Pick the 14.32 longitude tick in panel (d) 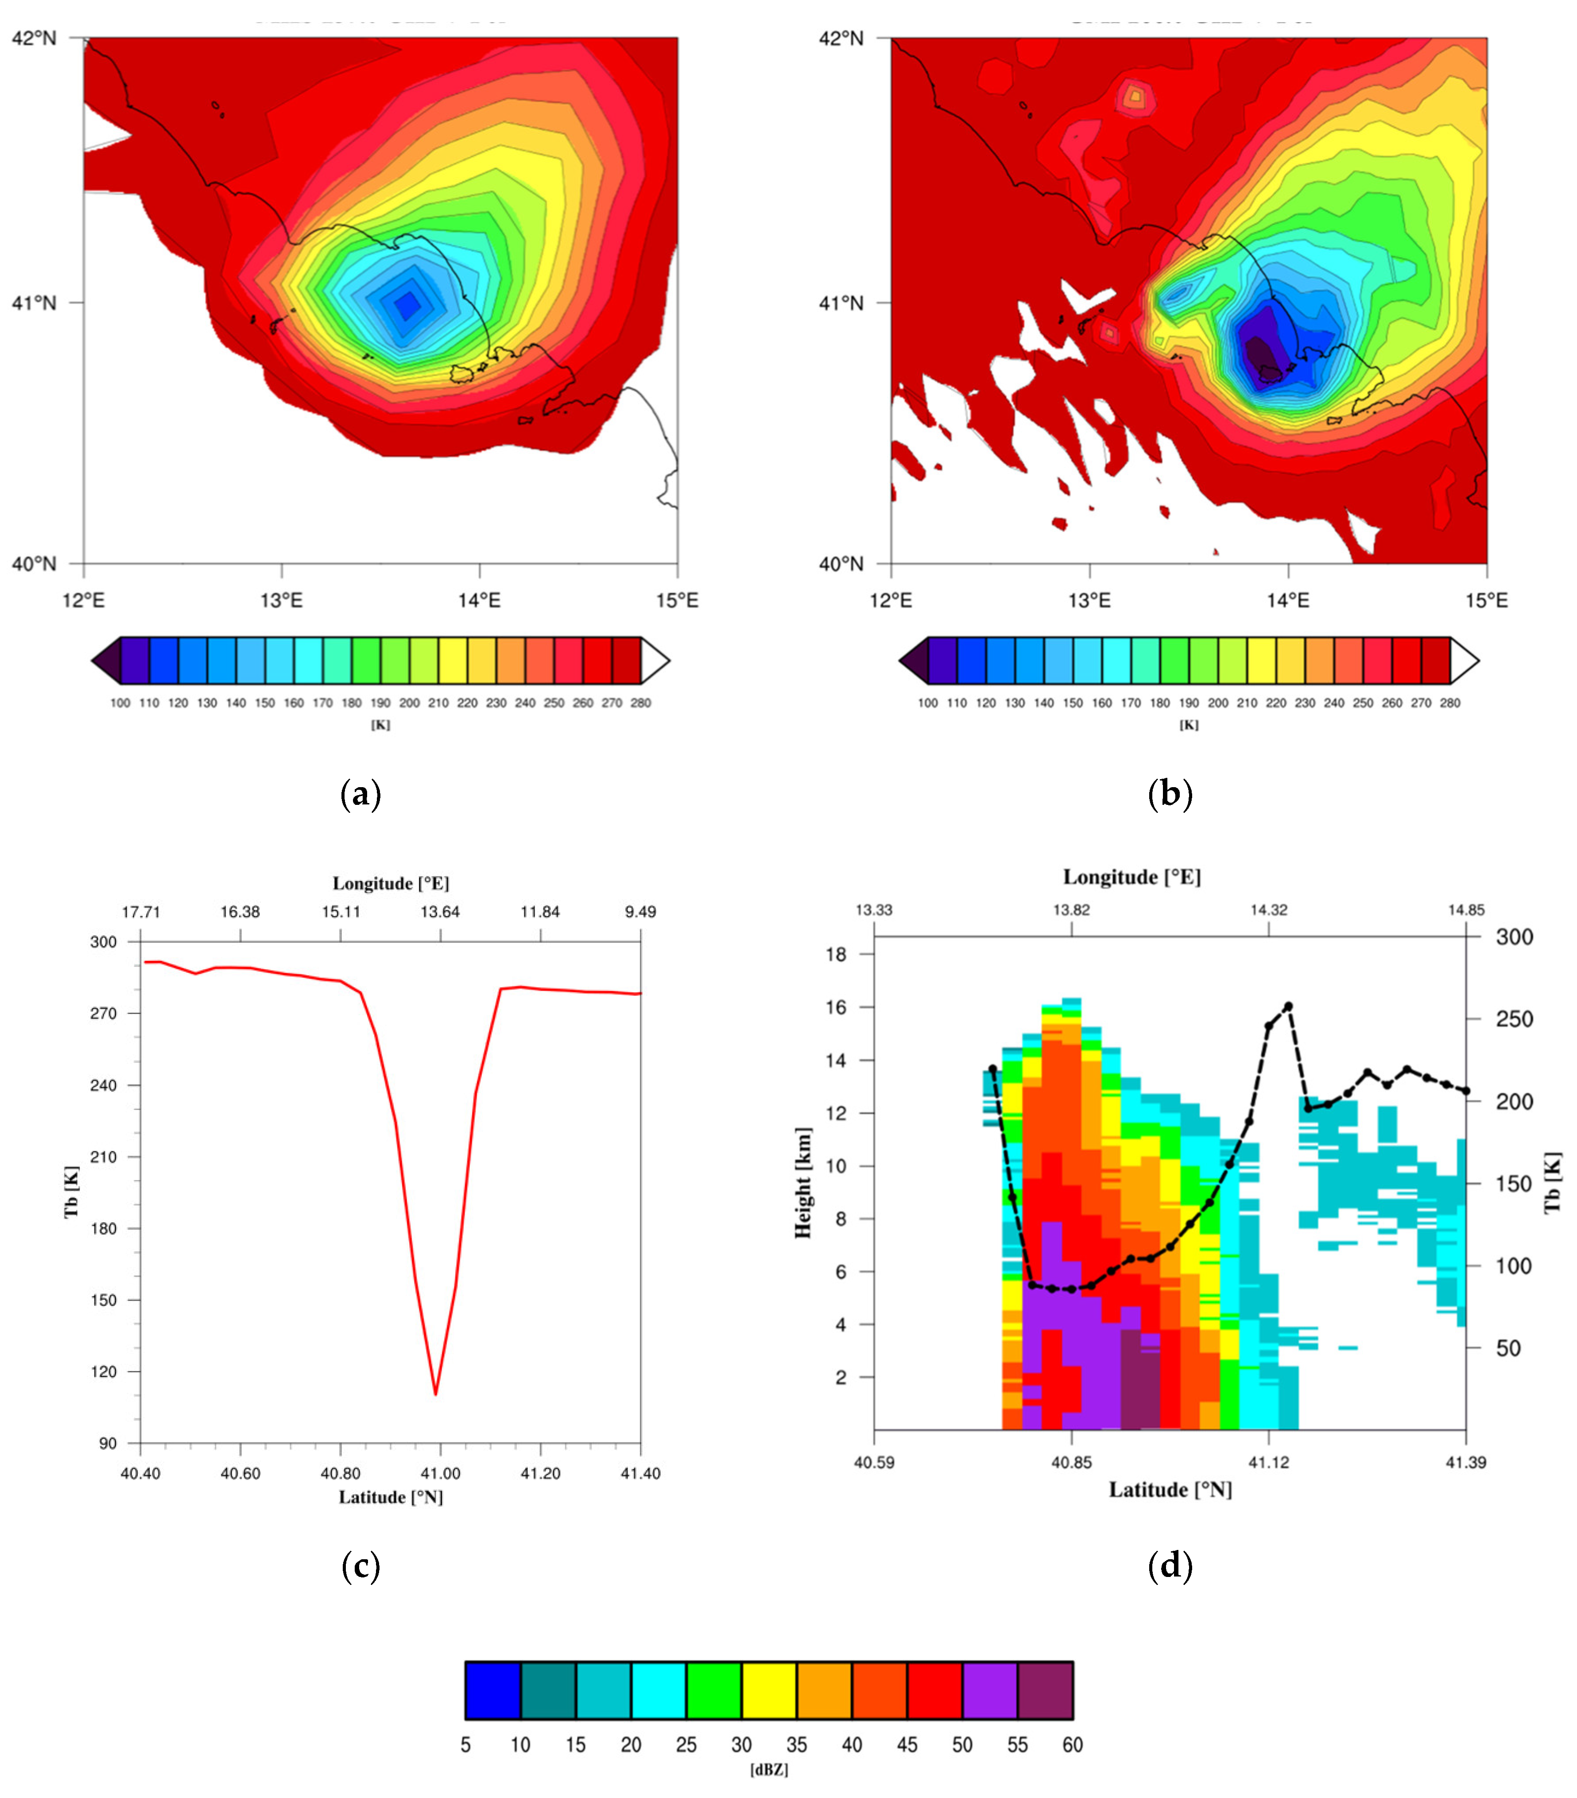click(x=1268, y=909)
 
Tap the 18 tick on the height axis click(x=837, y=955)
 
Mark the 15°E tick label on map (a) click(x=677, y=600)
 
